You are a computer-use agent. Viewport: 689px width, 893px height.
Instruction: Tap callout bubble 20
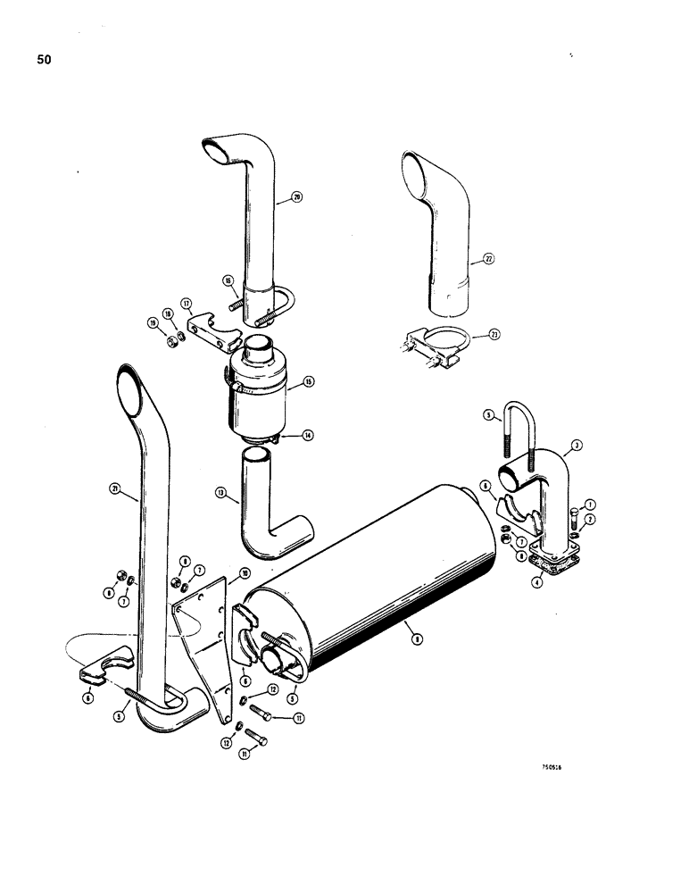click(x=297, y=198)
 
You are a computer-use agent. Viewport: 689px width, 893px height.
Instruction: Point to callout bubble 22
click(x=488, y=260)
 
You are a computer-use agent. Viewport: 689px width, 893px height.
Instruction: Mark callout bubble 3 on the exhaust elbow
click(x=578, y=445)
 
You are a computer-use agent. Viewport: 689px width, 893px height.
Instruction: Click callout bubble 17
click(x=187, y=302)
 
